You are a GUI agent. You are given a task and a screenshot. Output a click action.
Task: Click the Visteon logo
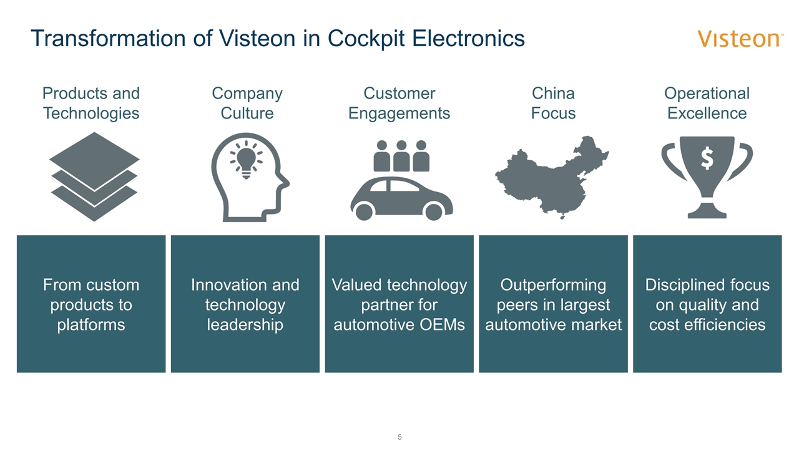coord(740,39)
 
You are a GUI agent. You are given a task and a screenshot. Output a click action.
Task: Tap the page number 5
coord(399,437)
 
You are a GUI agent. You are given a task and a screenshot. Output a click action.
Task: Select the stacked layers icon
coord(94,176)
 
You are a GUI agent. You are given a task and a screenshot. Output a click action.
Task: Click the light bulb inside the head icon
coord(246,159)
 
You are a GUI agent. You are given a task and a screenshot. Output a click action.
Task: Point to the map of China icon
coord(552,178)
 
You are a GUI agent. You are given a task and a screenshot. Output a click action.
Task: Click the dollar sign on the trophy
coord(707,159)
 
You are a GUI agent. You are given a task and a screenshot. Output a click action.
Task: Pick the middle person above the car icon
coord(401,156)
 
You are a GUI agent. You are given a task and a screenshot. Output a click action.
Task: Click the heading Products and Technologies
coord(91,104)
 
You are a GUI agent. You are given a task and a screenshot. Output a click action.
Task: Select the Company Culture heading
coord(247,104)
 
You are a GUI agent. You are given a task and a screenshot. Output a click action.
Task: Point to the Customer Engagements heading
coord(399,104)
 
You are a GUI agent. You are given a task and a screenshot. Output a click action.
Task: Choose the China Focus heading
coord(553,104)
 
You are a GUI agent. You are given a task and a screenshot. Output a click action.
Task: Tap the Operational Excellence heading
coord(707,104)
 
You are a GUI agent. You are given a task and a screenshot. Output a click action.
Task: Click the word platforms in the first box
coord(91,325)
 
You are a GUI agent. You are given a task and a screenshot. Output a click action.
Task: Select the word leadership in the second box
coord(245,325)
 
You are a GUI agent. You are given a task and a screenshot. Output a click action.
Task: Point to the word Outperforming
coord(553,285)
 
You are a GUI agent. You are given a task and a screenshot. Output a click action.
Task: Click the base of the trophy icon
coord(707,213)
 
